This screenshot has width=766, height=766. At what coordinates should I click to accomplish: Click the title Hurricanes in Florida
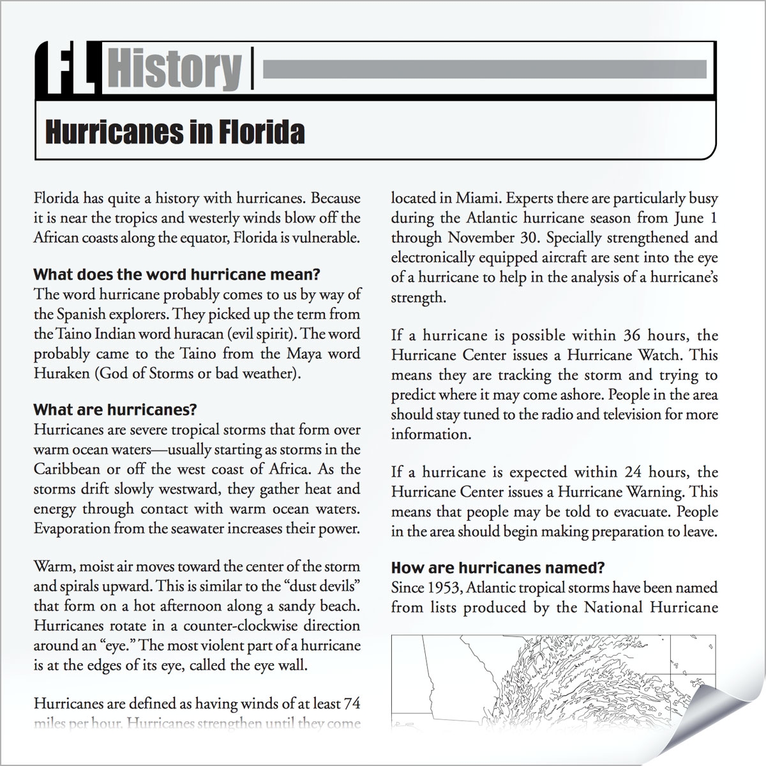coord(174,132)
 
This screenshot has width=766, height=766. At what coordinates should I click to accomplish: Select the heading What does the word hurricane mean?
coord(176,275)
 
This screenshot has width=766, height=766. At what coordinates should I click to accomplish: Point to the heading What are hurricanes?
coord(115,409)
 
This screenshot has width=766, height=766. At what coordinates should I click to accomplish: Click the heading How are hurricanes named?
coord(497,567)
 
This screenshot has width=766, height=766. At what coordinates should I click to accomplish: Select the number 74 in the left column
coord(351,704)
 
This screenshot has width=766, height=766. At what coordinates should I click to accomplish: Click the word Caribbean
coord(66,469)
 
